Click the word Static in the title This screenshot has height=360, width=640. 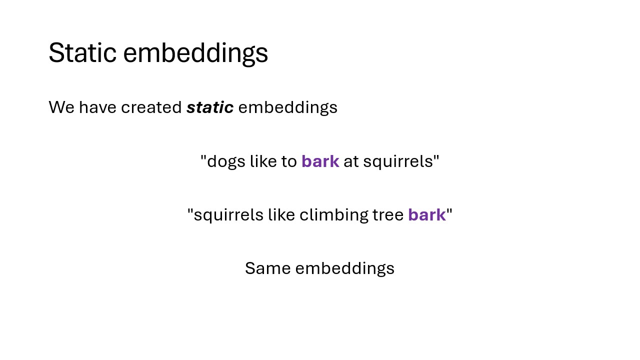pos(82,52)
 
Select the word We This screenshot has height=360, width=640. pos(61,107)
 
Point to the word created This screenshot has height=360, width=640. pos(151,107)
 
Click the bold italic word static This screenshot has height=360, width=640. pos(210,107)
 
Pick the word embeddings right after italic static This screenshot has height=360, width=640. pos(287,108)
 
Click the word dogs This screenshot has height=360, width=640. pos(226,162)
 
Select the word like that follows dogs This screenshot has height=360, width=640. pos(263,161)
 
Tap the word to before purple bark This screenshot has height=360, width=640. pos(289,161)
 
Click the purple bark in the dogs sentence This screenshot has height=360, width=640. pos(320,161)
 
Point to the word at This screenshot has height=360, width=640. pos(351,161)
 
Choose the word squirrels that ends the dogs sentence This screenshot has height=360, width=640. pos(398,162)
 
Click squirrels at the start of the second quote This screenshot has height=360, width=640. pos(228,215)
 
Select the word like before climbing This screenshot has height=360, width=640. pos(281,214)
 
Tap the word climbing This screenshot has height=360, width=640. pos(333,215)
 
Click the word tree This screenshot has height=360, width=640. pos(388,215)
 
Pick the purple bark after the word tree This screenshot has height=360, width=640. pos(427,215)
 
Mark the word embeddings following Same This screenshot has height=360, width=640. pos(345,269)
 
